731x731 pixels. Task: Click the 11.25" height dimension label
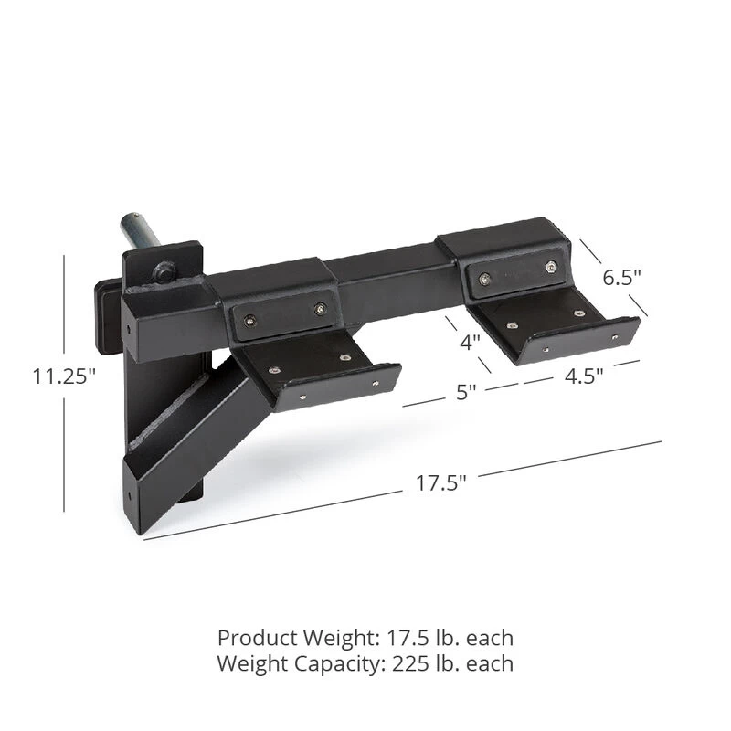[64, 376]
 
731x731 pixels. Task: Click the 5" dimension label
[467, 393]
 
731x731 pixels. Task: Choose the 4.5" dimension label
[585, 376]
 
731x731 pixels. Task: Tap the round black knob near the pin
[165, 270]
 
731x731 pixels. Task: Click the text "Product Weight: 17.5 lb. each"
[365, 637]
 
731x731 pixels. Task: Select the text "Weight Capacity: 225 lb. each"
[365, 664]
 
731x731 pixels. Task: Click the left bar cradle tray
[320, 370]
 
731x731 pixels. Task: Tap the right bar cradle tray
[548, 329]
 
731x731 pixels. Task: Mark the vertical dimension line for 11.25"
[65, 439]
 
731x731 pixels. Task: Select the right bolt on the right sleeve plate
[550, 266]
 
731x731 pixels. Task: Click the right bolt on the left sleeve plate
[320, 310]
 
